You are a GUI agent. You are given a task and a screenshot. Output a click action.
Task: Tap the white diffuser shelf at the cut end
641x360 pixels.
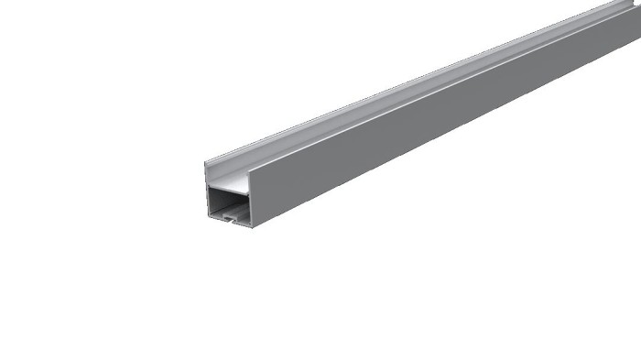(229, 186)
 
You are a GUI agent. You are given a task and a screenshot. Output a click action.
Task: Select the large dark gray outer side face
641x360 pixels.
(412, 137)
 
